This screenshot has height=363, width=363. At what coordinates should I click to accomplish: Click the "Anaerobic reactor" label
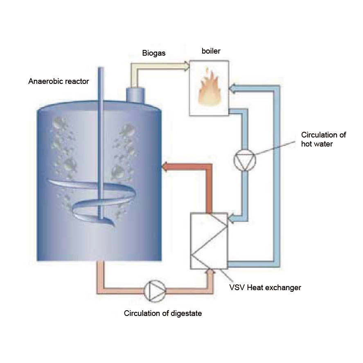(x=59, y=81)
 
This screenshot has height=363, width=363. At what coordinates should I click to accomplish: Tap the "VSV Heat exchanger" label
(x=265, y=287)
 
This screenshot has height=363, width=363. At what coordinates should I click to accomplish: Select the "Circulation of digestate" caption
(x=163, y=314)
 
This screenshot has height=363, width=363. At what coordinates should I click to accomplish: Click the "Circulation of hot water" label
(x=323, y=139)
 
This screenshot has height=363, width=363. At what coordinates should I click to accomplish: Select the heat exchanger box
(x=209, y=241)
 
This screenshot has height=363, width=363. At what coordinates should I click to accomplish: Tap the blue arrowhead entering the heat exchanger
(x=231, y=220)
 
